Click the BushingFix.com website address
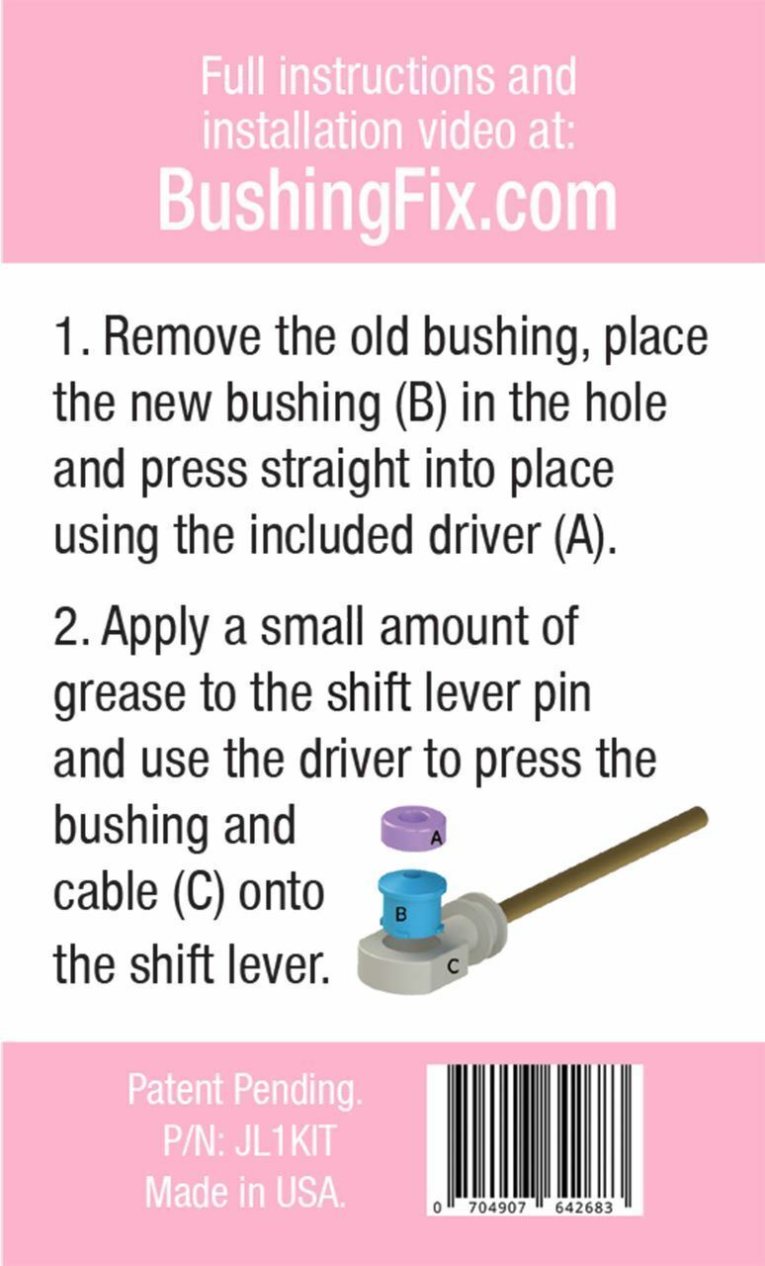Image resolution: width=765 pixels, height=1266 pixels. click(387, 202)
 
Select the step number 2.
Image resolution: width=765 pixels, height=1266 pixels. click(69, 627)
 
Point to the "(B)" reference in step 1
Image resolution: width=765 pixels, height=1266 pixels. click(419, 404)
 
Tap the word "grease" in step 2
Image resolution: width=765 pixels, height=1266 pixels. click(120, 695)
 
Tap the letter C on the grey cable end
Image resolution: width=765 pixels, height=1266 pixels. click(453, 966)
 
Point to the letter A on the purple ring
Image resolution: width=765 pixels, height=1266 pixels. click(436, 838)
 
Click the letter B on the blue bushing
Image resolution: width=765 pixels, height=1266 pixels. click(401, 913)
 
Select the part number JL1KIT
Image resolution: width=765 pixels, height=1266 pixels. click(286, 1140)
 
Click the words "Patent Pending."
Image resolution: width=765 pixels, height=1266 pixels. click(245, 1089)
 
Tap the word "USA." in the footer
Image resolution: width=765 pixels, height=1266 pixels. click(309, 1192)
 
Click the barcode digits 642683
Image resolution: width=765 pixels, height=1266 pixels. click(584, 1208)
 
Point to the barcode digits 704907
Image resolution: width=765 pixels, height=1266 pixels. click(497, 1208)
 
